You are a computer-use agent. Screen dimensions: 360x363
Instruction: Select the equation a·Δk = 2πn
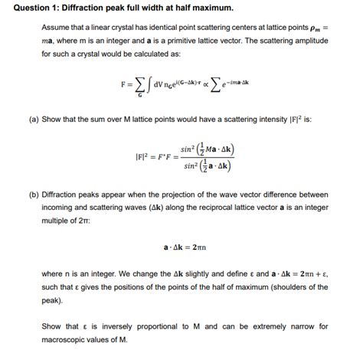[187, 247]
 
